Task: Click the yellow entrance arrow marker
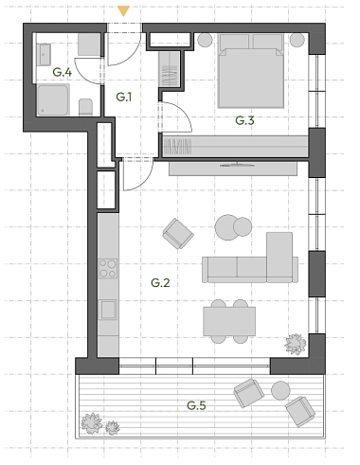coord(123,11)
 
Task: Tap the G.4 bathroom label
coord(63,72)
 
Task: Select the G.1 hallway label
coord(124,97)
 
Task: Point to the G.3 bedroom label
coord(244,120)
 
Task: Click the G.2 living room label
coord(160,283)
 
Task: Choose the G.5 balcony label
coord(196,405)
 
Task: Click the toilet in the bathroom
coord(85,107)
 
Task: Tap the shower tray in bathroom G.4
coord(53,100)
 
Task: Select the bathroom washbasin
coord(44,55)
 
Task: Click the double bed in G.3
coord(251,71)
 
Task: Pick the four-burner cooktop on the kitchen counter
coord(108,268)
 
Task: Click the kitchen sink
coord(108,310)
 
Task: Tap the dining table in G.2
coord(229,321)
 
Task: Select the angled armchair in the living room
coord(178,234)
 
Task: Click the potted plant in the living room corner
coord(296,345)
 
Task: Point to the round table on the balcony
coord(280,390)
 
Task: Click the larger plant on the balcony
coord(92,423)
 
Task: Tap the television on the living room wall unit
coord(238,165)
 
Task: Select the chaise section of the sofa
coord(279,257)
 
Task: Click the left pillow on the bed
coord(234,42)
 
